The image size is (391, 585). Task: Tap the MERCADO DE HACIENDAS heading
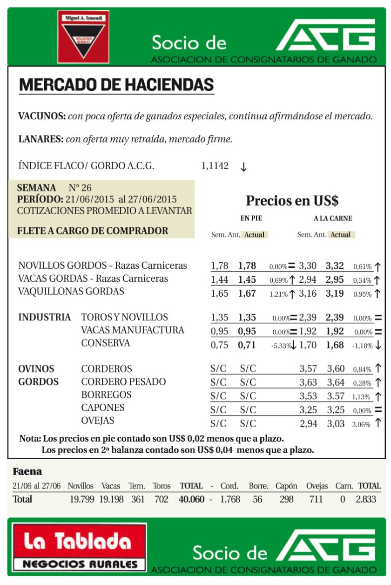pyautogui.click(x=116, y=85)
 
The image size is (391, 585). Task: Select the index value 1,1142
pyautogui.click(x=215, y=166)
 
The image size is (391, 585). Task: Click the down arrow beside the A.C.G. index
pyautogui.click(x=243, y=167)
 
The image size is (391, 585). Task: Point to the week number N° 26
pyautogui.click(x=80, y=188)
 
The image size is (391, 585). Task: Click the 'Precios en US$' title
pyautogui.click(x=292, y=201)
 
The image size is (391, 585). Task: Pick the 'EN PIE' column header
pyautogui.click(x=251, y=218)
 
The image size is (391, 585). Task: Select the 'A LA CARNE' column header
pyautogui.click(x=333, y=218)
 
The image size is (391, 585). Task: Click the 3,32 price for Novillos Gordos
pyautogui.click(x=335, y=266)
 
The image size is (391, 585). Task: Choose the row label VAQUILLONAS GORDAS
pyautogui.click(x=71, y=292)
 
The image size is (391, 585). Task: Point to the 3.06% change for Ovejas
pyautogui.click(x=361, y=424)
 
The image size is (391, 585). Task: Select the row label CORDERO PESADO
pyautogui.click(x=123, y=382)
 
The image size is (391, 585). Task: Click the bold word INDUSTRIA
pyautogui.click(x=45, y=318)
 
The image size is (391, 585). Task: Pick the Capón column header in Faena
pyautogui.click(x=286, y=486)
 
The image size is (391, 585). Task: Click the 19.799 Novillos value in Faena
pyautogui.click(x=81, y=499)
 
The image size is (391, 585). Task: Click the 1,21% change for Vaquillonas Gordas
pyautogui.click(x=278, y=294)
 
